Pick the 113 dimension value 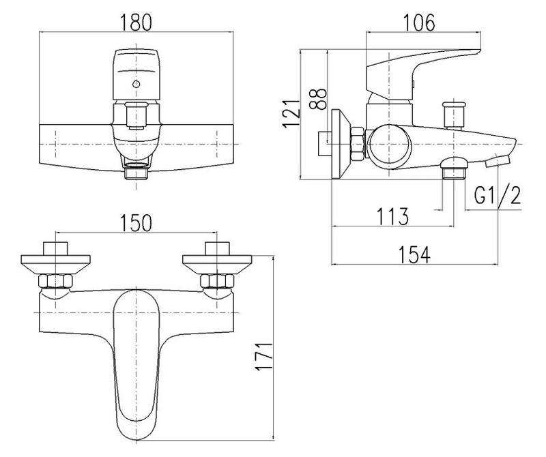pyautogui.click(x=393, y=216)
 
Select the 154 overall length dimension pyautogui.click(x=415, y=254)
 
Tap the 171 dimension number pyautogui.click(x=268, y=357)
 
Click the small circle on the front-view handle pyautogui.click(x=136, y=85)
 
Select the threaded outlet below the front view pyautogui.click(x=136, y=172)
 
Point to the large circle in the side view pyautogui.click(x=388, y=145)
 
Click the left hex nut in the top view pyautogui.click(x=55, y=281)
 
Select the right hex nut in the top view pyautogui.click(x=217, y=281)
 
